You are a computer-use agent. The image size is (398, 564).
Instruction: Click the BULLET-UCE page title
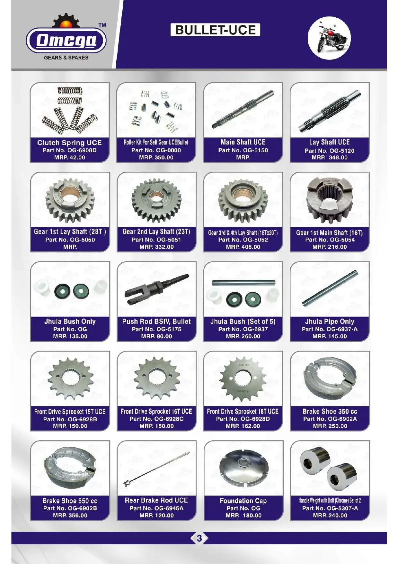click(215, 30)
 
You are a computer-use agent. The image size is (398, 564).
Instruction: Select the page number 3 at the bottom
click(199, 538)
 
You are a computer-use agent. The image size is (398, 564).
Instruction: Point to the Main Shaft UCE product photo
click(243, 110)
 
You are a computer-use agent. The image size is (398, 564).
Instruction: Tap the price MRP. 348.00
click(330, 158)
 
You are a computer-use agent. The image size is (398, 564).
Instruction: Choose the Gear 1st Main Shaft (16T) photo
click(330, 200)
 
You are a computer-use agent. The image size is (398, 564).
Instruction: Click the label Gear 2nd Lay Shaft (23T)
click(156, 232)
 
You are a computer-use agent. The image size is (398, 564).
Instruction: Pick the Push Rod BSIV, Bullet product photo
click(156, 289)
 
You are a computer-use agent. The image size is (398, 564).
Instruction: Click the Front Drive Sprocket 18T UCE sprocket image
click(243, 379)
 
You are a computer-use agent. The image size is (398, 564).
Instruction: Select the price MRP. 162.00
click(243, 426)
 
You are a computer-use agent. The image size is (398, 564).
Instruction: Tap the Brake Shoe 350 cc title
click(330, 412)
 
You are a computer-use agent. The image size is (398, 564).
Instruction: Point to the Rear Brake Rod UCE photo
click(157, 469)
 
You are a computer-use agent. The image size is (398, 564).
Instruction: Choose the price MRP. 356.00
click(70, 515)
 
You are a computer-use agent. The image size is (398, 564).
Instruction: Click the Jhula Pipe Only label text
click(330, 322)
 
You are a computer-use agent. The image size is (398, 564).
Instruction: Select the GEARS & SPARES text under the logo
click(66, 58)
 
